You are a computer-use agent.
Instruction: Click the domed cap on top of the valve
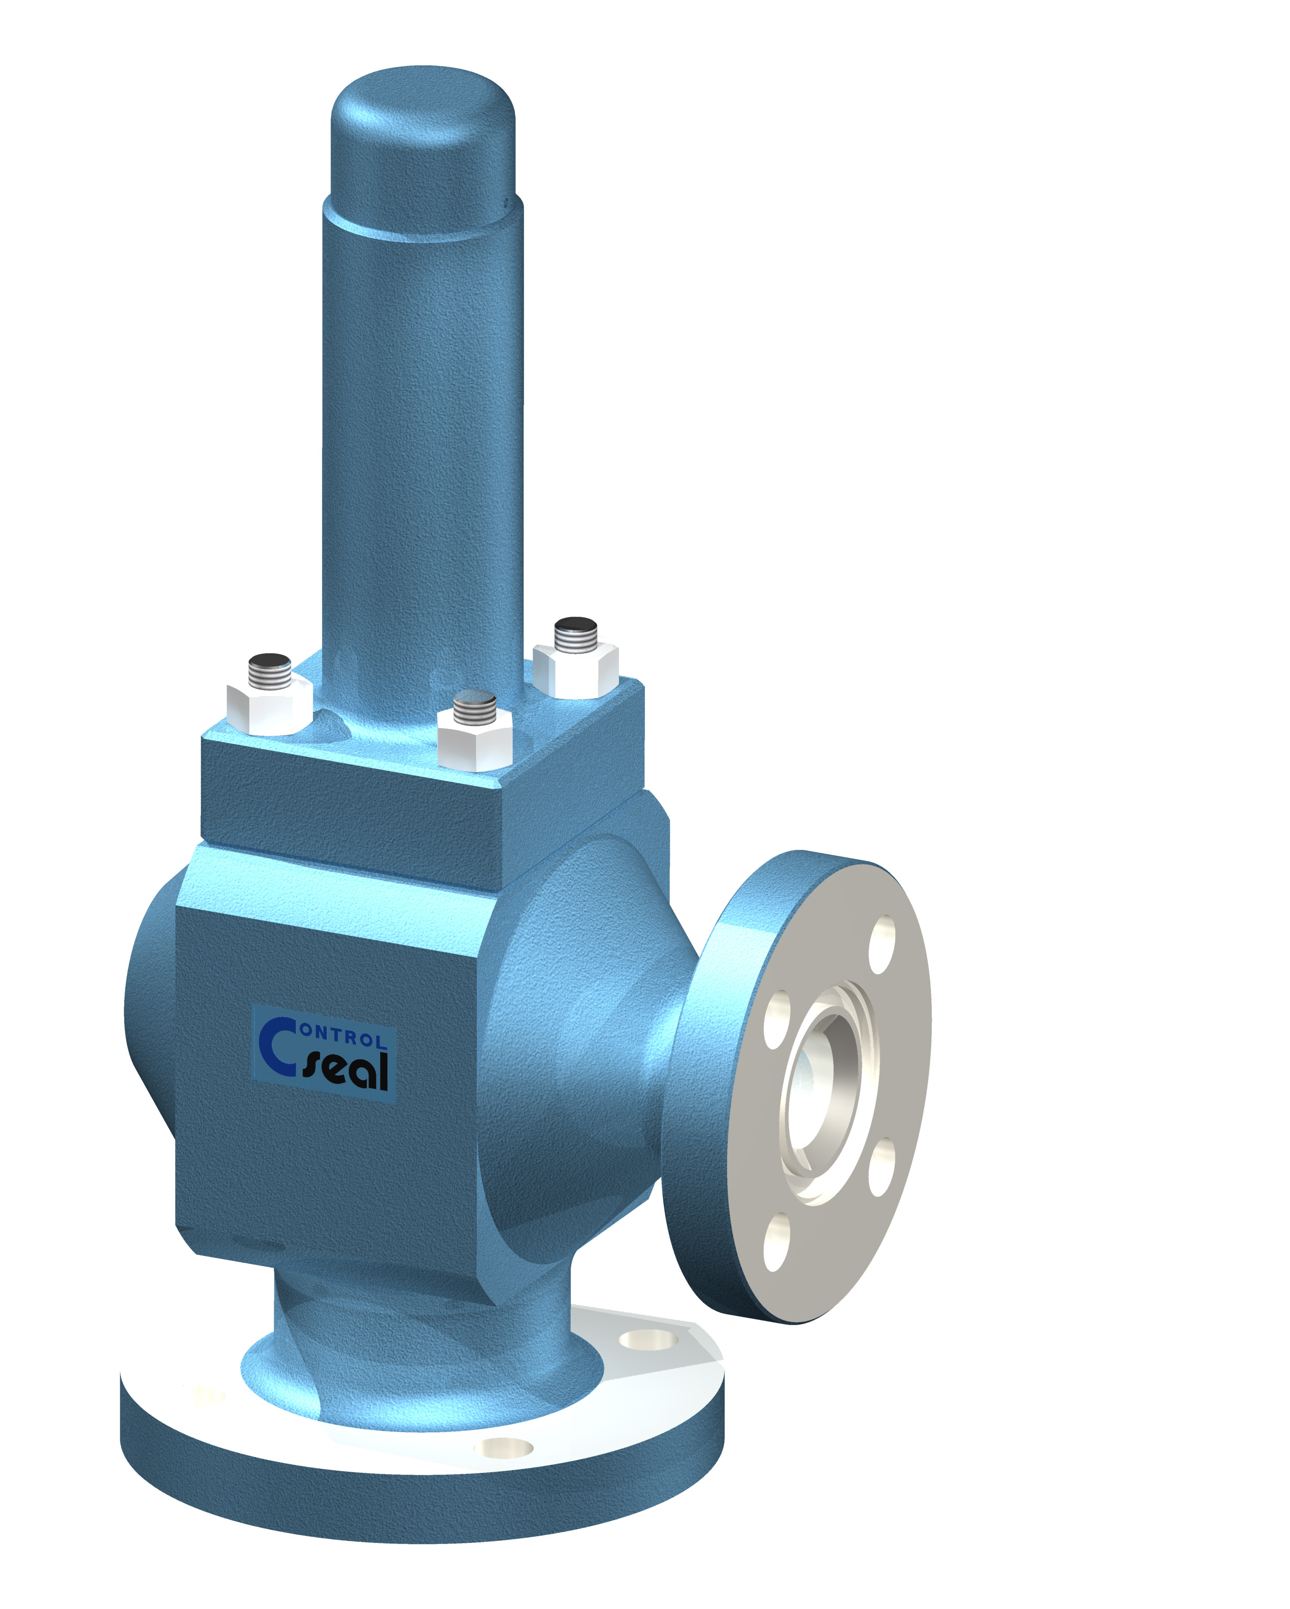tap(422, 142)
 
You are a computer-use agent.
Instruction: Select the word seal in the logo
tap(348, 1072)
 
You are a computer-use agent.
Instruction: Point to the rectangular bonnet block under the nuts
tap(351, 813)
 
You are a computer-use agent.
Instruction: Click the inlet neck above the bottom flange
tap(418, 1343)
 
